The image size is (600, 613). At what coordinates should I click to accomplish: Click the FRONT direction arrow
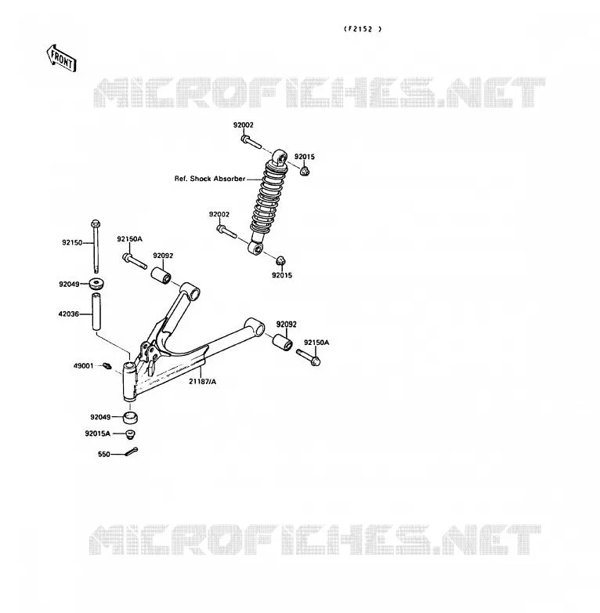point(61,59)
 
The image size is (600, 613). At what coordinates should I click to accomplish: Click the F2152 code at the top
point(363,29)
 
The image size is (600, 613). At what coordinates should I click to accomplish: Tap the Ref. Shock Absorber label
point(210,179)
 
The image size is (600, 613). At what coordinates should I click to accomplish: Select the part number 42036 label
point(69,314)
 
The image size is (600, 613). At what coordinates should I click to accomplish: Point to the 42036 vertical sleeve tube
point(97,311)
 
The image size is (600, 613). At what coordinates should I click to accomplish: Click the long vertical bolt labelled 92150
point(96,246)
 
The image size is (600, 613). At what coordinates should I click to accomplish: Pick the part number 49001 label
point(84,366)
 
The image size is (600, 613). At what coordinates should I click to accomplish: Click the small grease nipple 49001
point(107,366)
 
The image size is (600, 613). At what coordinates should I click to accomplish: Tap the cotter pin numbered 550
point(132,452)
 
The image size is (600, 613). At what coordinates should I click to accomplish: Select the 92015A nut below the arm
point(130,434)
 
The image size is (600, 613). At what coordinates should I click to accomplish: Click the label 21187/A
point(202,382)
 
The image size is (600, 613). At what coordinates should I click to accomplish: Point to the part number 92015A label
point(98,433)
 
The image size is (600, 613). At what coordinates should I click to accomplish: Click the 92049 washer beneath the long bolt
point(96,284)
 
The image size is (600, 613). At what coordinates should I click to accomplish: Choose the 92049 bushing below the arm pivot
point(130,418)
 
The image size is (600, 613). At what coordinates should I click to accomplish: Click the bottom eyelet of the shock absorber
point(256,248)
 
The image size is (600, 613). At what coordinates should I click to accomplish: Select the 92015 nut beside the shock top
point(305,171)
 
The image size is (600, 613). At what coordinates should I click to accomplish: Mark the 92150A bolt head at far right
point(316,361)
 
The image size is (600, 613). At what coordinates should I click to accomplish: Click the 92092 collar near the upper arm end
point(161,275)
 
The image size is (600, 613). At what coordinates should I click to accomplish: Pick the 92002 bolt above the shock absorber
point(251,142)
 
